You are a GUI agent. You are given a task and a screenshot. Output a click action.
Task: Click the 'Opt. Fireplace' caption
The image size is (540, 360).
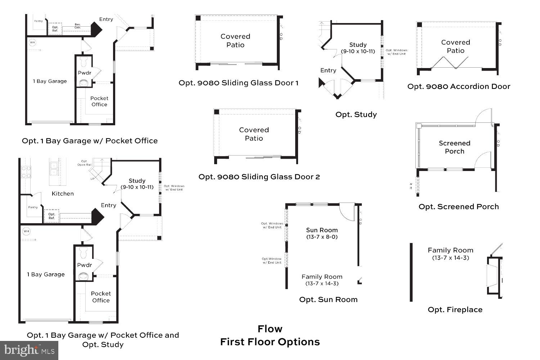point(455,310)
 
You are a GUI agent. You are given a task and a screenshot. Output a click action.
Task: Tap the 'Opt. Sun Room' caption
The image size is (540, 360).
point(328,300)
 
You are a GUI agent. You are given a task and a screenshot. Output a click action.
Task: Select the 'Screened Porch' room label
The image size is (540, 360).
point(454,147)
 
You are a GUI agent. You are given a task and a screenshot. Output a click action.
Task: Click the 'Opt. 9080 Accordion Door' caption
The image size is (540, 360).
point(459,86)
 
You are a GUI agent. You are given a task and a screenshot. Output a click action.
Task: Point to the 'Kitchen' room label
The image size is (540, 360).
point(63,194)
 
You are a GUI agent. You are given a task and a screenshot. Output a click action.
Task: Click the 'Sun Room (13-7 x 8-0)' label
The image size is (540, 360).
point(322,233)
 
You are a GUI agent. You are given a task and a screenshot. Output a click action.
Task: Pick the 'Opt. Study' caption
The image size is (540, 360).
point(356,114)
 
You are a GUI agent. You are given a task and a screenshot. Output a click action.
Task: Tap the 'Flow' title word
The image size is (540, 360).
point(270,329)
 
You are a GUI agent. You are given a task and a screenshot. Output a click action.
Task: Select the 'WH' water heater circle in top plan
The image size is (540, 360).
point(32,42)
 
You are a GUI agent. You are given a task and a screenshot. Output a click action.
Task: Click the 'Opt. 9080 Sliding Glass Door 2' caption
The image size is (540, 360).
point(259,177)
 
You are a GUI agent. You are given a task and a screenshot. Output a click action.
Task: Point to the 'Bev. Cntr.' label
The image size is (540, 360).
point(77,26)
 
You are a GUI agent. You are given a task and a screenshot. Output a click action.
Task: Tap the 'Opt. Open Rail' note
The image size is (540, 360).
point(84,163)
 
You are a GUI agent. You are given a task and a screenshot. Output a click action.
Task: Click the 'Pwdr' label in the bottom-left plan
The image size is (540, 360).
point(85,265)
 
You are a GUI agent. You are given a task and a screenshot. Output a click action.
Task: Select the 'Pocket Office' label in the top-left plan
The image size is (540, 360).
point(99,101)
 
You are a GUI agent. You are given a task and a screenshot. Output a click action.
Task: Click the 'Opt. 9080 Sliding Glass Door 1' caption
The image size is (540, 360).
point(238,83)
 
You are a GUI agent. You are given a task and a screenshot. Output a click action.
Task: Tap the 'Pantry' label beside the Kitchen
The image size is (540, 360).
point(33,207)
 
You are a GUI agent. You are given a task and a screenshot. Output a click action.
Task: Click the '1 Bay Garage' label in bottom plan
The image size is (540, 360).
point(46,274)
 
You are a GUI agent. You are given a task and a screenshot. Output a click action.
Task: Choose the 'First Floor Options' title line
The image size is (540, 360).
point(270,342)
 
